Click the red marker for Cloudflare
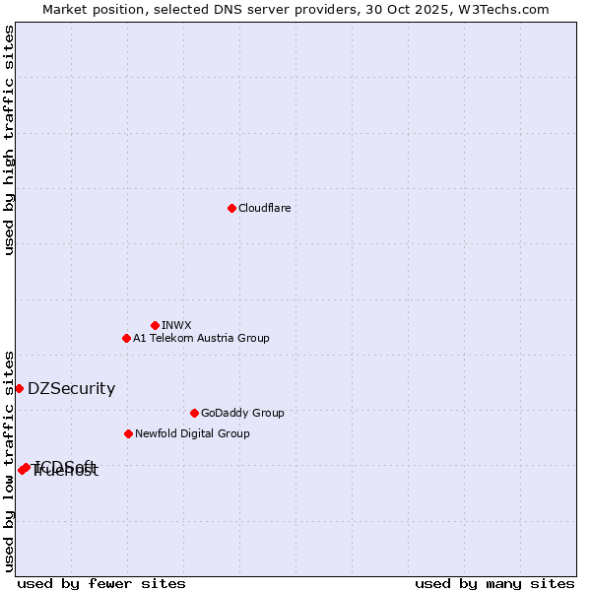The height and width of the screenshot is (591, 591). (x=231, y=208)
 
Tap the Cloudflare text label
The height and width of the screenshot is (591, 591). (x=265, y=208)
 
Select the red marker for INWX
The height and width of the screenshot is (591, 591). (x=155, y=325)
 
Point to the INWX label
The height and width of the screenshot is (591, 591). (x=176, y=325)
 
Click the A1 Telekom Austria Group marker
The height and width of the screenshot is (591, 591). (x=126, y=338)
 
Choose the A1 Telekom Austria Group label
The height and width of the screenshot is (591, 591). (x=201, y=338)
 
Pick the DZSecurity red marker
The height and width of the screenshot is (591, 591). (x=19, y=388)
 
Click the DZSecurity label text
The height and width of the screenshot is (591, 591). (x=71, y=388)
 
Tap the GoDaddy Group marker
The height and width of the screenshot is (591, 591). (x=194, y=413)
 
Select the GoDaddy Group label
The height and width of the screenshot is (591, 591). (x=242, y=413)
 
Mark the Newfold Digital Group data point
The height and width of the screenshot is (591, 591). (x=128, y=433)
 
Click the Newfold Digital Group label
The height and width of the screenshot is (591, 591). (x=192, y=433)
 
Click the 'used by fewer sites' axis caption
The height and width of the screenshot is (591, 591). (x=101, y=583)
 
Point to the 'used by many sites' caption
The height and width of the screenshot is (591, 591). (x=494, y=583)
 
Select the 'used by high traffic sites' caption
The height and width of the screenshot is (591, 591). (x=10, y=140)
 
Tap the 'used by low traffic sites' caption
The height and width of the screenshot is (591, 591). (x=10, y=460)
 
